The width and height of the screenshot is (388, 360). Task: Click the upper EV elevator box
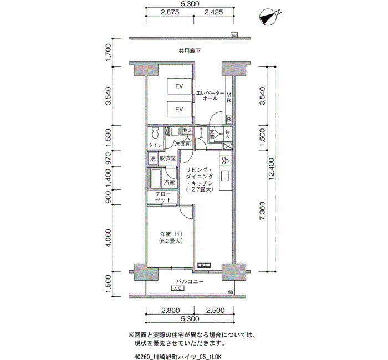[179, 86]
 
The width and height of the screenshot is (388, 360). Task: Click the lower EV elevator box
[179, 109]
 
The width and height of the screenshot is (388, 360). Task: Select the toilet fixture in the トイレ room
[155, 133]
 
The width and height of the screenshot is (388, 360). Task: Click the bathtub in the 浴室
[156, 178]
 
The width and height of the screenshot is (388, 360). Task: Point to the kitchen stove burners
[226, 161]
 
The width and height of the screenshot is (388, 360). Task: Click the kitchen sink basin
[226, 176]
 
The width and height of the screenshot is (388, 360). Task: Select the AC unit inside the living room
[204, 265]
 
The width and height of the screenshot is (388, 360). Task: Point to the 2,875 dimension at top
[170, 12]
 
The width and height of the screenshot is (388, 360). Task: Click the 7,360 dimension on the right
[262, 211]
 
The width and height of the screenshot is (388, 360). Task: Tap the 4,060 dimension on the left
[109, 238]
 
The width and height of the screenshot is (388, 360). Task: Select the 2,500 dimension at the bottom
[215, 310]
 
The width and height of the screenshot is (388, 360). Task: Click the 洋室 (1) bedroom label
[171, 234]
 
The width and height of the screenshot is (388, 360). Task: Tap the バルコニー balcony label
[190, 281]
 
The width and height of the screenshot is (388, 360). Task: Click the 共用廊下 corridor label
[190, 51]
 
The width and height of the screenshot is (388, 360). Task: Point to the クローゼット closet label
[162, 197]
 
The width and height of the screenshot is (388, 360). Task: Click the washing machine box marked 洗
[153, 158]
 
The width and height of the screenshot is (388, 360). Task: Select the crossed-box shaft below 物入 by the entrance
[228, 146]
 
